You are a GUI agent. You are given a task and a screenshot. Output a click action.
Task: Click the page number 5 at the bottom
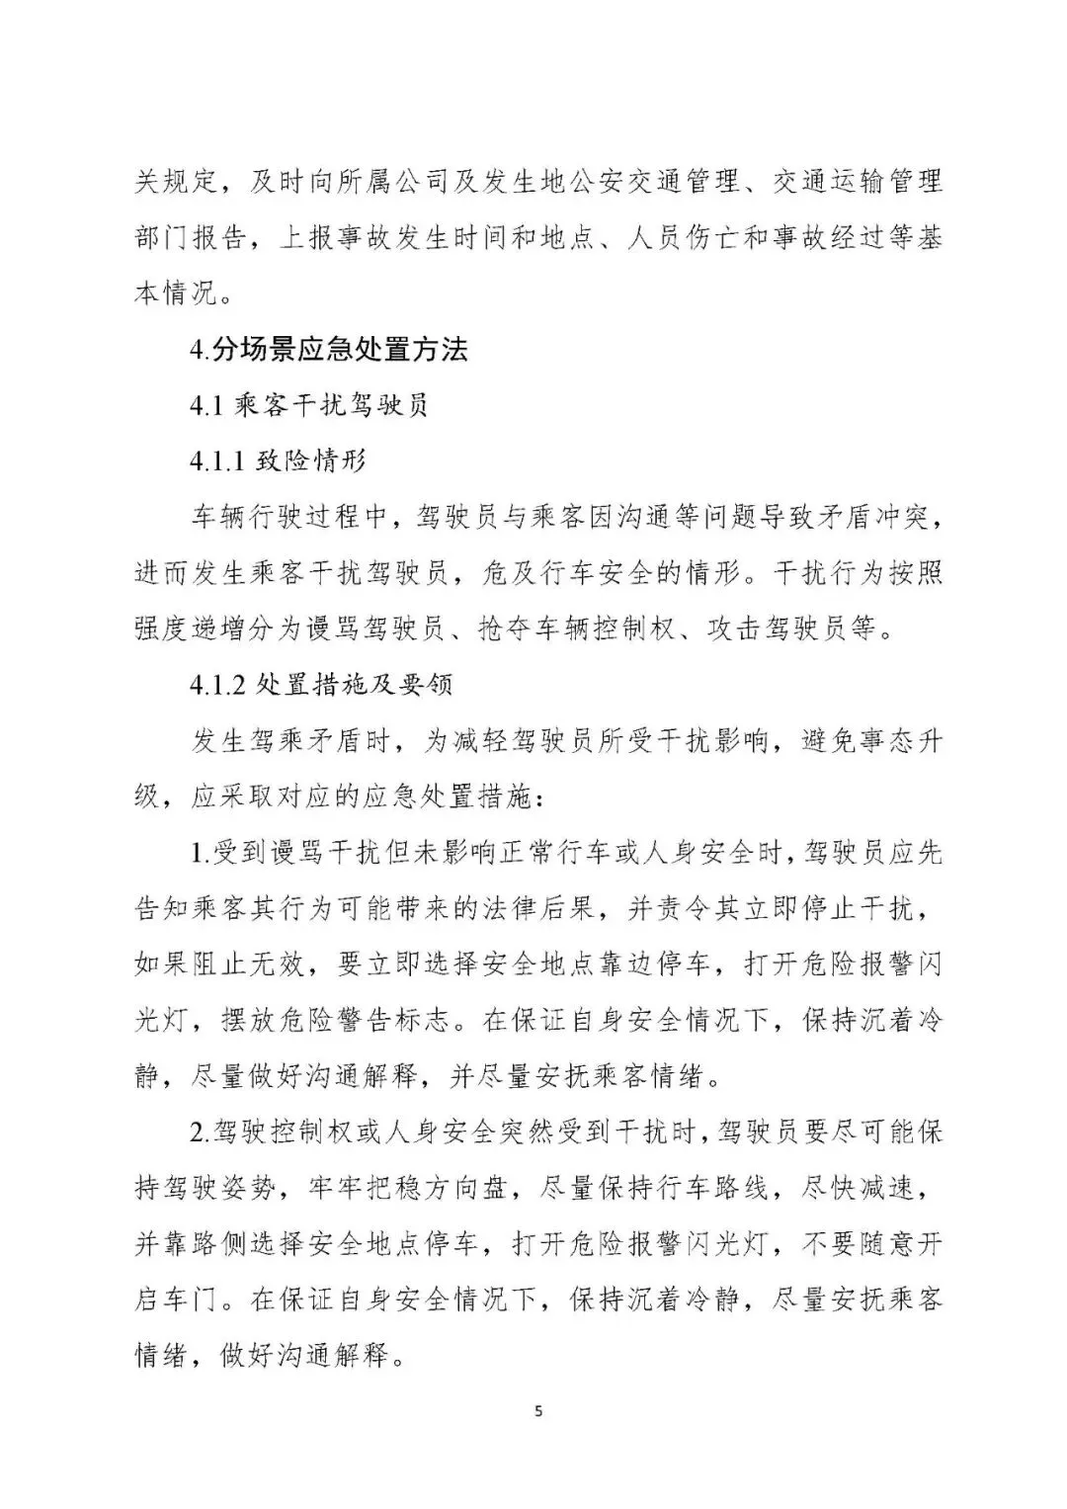tap(538, 1410)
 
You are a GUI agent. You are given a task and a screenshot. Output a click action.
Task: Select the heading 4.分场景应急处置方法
tap(329, 350)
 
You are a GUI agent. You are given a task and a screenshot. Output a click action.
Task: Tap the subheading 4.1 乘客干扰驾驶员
tap(309, 406)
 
